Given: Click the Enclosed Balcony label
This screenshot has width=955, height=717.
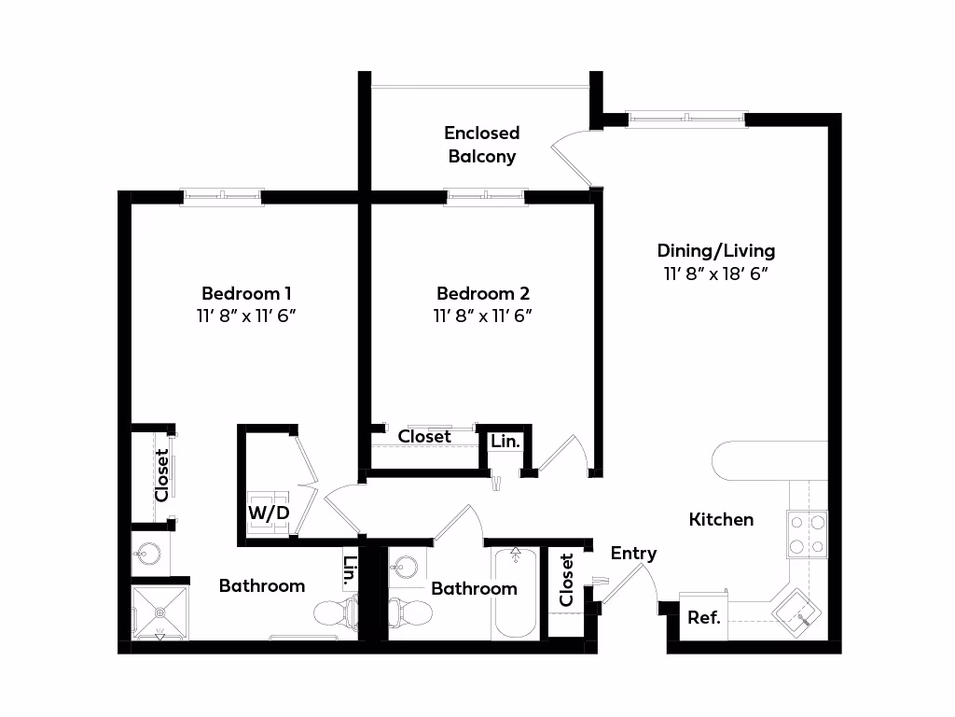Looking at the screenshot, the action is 482,145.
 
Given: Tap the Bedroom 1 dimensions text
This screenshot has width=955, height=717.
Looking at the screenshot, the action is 246,316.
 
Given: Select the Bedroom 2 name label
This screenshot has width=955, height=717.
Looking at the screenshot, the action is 483,293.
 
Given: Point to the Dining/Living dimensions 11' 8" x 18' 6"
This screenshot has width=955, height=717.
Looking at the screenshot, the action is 715,274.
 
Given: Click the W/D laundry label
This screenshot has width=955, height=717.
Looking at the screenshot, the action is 269,513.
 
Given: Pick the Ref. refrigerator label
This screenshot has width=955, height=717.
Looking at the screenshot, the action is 704,618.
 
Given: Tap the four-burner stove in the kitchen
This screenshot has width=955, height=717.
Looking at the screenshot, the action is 807,534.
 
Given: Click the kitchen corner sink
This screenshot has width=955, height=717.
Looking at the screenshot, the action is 796,612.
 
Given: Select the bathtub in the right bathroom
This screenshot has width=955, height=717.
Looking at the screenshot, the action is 515,593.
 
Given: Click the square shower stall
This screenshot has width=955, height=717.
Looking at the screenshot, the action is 160,612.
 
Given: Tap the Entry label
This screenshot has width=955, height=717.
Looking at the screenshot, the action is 633,554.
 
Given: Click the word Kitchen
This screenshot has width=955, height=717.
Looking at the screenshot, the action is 721,519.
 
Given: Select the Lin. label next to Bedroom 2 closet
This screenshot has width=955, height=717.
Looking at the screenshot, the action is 505,441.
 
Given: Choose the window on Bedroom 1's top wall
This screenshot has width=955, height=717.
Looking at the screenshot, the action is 222,196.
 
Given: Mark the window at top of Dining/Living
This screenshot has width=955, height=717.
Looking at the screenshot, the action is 685,119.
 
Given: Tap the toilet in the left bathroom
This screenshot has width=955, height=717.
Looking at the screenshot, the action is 337,612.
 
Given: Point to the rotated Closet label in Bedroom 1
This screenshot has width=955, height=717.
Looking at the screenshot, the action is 161,475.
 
